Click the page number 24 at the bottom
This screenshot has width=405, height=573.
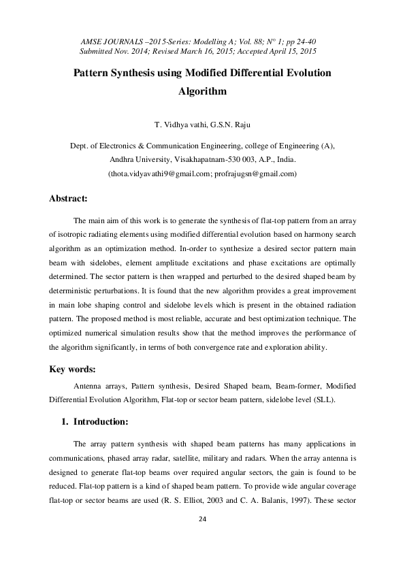pos(202,520)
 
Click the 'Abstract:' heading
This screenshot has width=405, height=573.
pos(68,199)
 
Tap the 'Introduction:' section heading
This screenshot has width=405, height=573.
pos(101,422)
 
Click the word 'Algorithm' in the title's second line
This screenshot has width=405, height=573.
pos(202,89)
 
